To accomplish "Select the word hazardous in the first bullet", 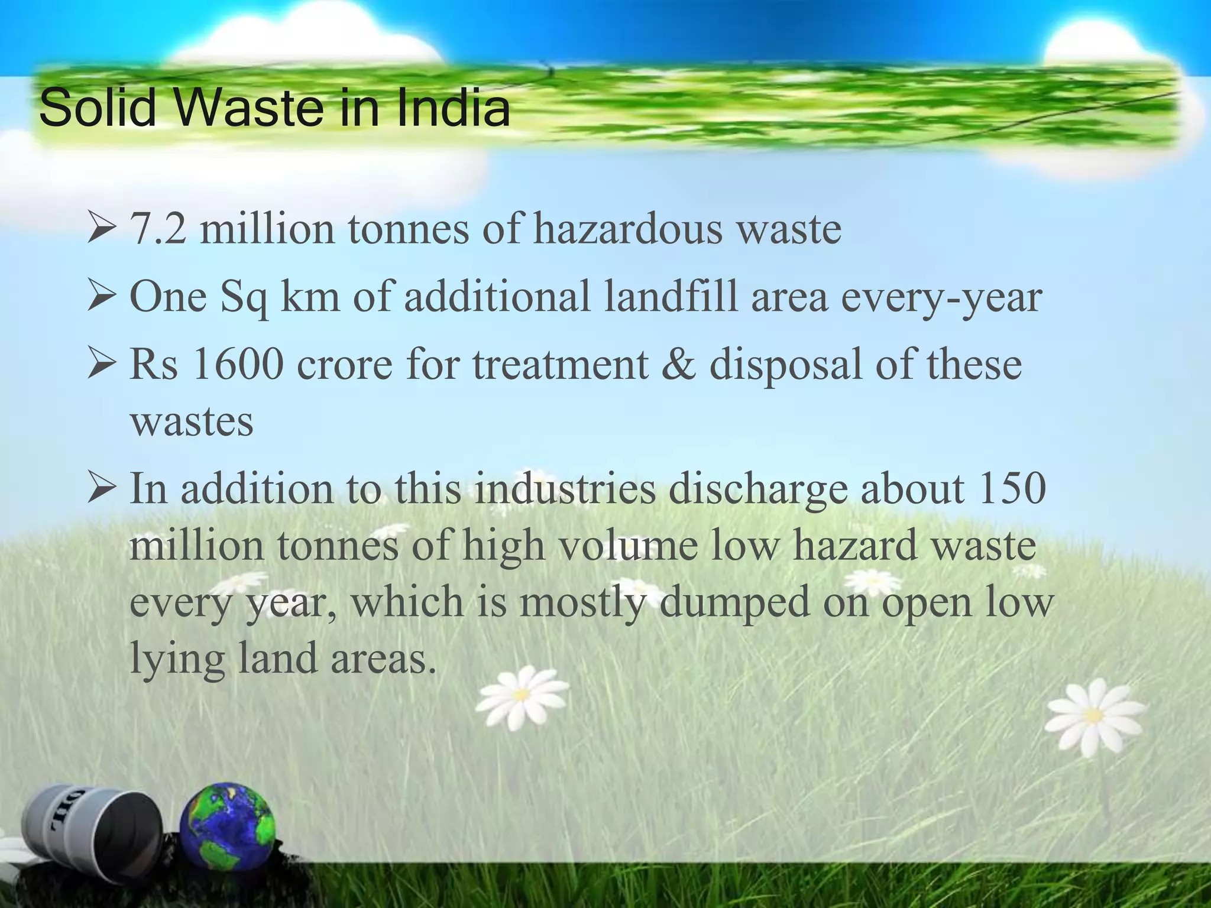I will pyautogui.click(x=627, y=229).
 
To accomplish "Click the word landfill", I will pyautogui.click(x=671, y=297).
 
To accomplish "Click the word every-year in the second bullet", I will pyautogui.click(x=941, y=297).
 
